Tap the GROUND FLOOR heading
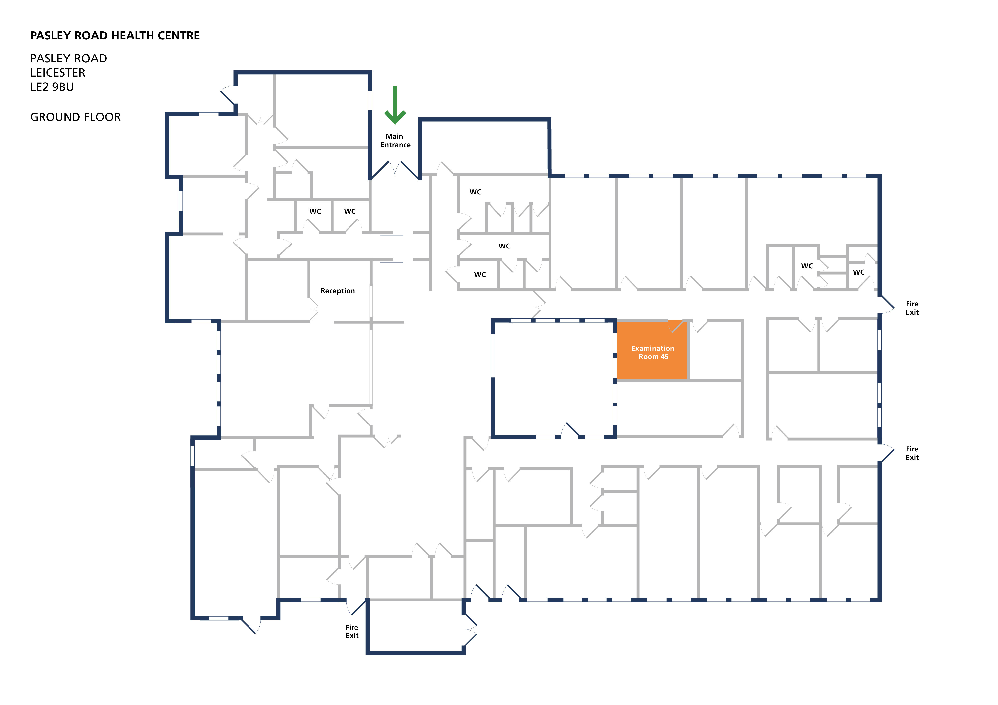tap(75, 117)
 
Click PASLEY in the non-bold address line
tap(47, 59)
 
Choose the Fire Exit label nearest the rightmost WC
tap(912, 308)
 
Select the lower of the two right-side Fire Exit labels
tap(912, 453)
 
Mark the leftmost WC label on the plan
tap(315, 212)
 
